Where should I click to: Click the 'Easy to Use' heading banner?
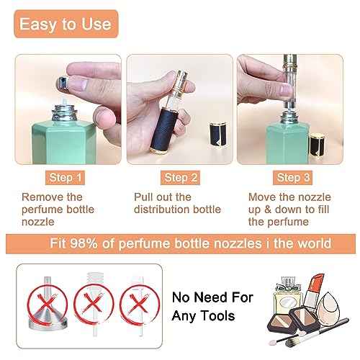pyautogui.click(x=66, y=24)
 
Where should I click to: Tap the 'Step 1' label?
pyautogui.click(x=66, y=176)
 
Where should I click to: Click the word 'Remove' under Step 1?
pyautogui.click(x=42, y=197)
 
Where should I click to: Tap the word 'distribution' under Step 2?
pyautogui.click(x=163, y=209)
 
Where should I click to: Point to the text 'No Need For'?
pyautogui.click(x=204, y=296)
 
